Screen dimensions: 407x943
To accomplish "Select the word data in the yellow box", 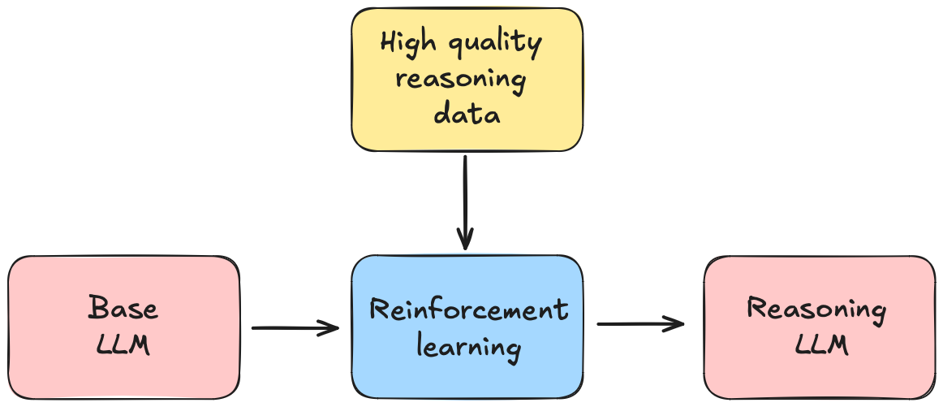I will pyautogui.click(x=467, y=115).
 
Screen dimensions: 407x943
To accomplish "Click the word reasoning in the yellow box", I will pyautogui.click(x=460, y=80).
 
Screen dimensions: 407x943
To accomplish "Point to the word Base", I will pyautogui.click(x=123, y=309).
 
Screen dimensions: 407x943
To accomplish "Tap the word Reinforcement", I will pyautogui.click(x=468, y=310).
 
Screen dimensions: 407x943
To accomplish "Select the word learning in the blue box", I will pyautogui.click(x=468, y=347).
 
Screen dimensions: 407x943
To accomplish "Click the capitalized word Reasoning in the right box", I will pyautogui.click(x=816, y=309).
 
